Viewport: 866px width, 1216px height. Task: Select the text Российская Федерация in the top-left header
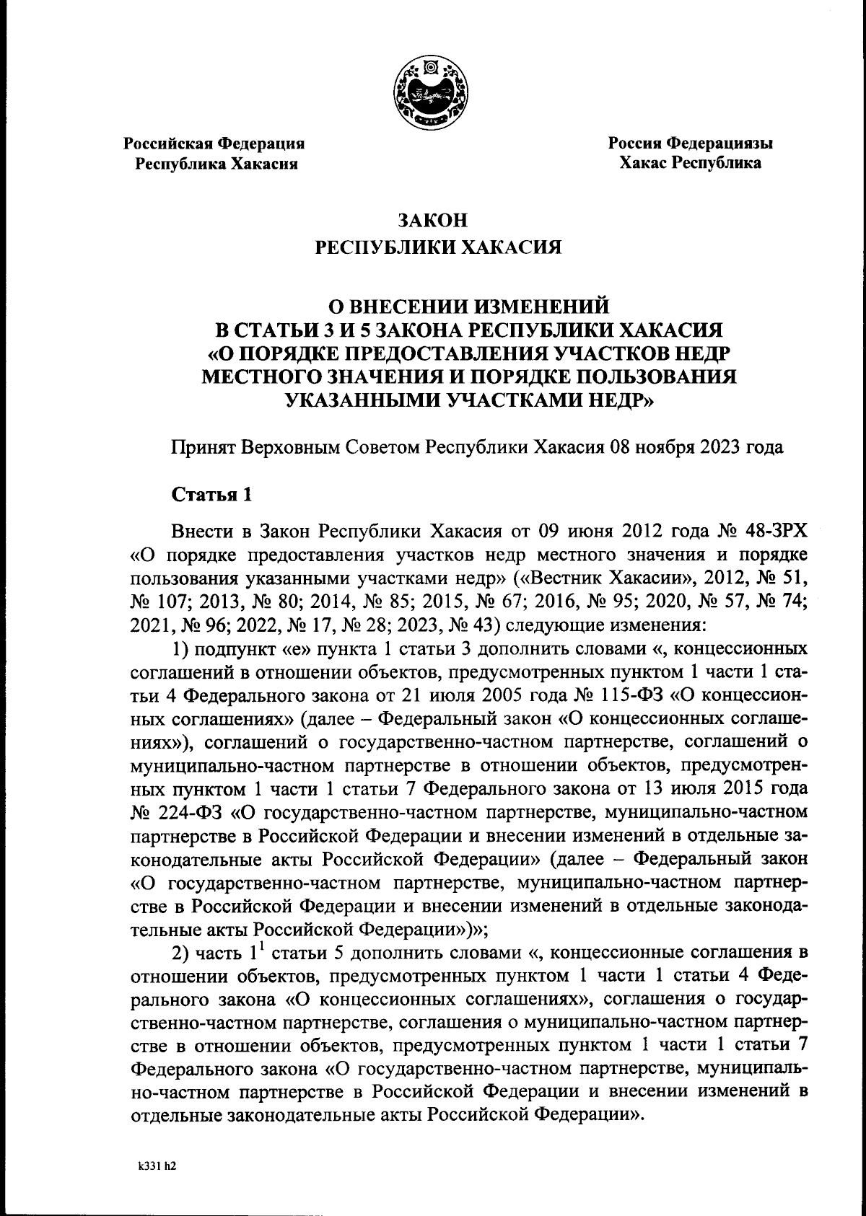[214, 143]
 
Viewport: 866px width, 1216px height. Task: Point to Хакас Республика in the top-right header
[690, 163]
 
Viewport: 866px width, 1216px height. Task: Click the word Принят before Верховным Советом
[204, 447]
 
